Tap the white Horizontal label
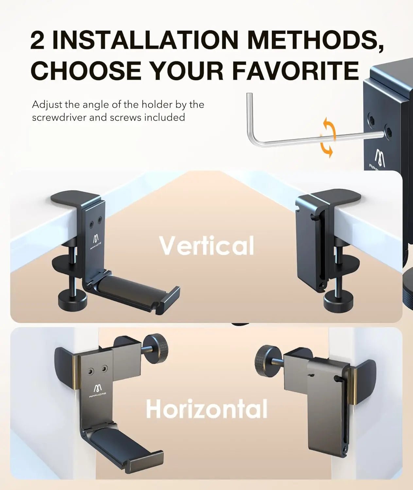pos(207,408)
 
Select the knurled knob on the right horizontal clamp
pos(267,355)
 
